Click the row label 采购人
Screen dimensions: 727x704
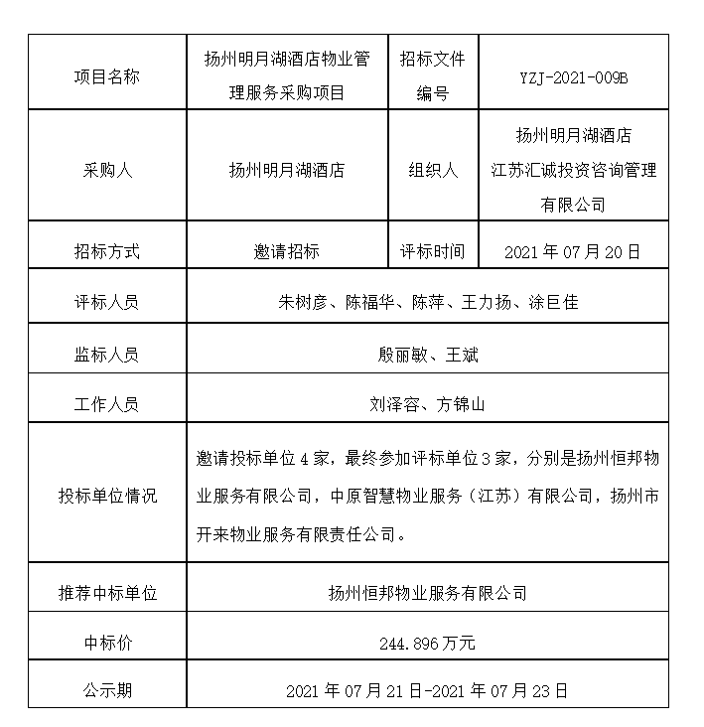106,170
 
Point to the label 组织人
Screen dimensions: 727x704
432,170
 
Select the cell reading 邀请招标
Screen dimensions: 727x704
286,251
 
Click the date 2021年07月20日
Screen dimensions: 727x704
573,251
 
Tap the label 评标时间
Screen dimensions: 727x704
432,251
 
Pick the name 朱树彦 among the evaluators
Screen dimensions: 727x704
303,302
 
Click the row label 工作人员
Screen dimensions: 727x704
106,404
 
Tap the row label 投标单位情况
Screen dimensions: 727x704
106,496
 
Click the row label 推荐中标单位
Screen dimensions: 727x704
106,593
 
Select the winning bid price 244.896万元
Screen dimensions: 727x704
427,643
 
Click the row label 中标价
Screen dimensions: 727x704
106,643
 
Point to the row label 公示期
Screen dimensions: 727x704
106,689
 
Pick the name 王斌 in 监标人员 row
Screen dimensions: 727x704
462,354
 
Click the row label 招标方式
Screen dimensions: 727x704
106,251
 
